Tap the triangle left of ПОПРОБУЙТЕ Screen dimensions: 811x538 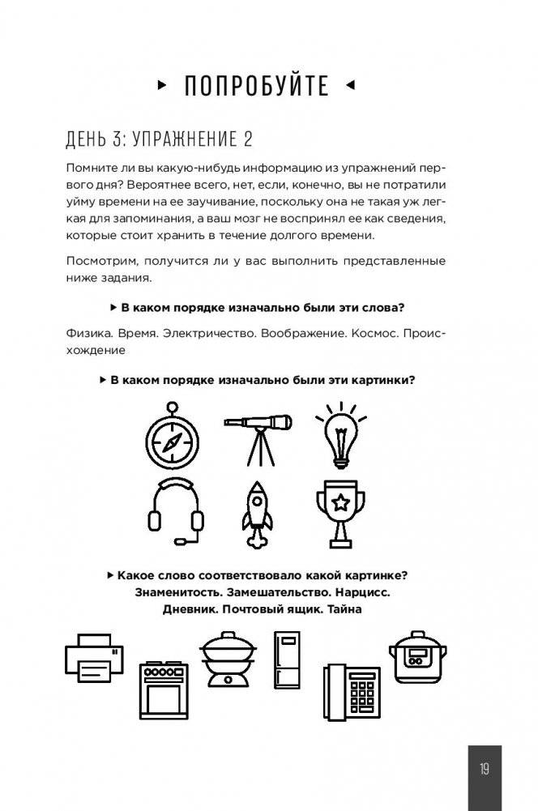pyautogui.click(x=162, y=84)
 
